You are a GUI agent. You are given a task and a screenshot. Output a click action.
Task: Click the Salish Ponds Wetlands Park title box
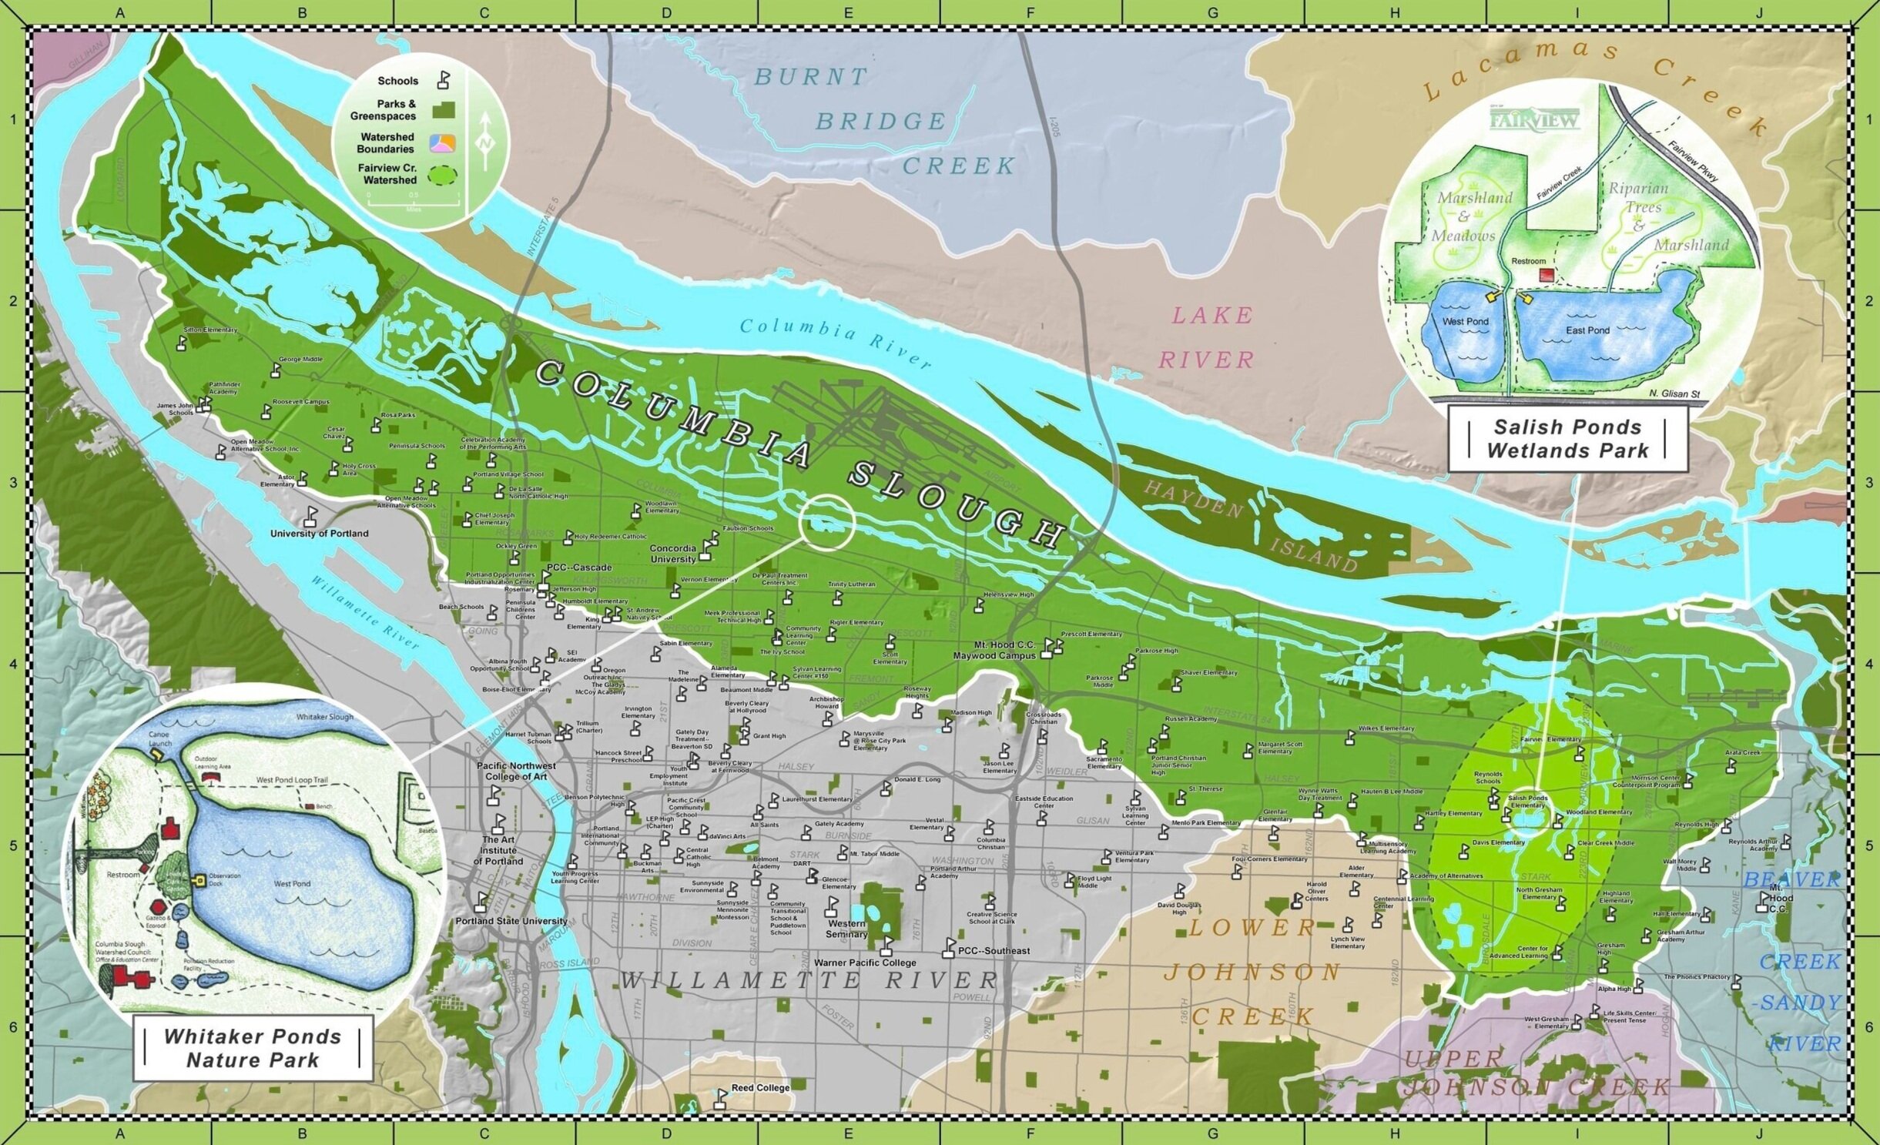coord(1567,439)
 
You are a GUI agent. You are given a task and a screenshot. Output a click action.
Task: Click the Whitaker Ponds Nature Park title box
coord(253,1048)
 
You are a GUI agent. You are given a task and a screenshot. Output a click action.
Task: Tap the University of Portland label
coord(319,533)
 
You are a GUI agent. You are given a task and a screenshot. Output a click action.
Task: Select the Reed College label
coord(760,1088)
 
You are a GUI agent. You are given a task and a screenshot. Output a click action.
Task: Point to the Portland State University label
coord(511,921)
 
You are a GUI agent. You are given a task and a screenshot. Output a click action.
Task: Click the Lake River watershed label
coord(1211,337)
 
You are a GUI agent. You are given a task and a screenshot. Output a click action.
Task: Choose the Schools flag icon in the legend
coord(444,80)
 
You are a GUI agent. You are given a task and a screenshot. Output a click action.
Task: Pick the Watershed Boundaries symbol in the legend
coord(443,142)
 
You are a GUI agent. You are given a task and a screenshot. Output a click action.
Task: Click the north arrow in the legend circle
coord(485,142)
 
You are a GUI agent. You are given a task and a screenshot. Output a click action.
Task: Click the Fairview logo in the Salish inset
coord(1535,119)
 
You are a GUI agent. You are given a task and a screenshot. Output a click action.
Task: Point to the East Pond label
coord(1587,330)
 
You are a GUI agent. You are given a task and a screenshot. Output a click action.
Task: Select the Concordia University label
coord(672,554)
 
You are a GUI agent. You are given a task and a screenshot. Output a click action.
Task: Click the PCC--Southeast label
coord(994,951)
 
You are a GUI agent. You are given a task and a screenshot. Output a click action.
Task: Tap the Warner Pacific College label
coord(865,963)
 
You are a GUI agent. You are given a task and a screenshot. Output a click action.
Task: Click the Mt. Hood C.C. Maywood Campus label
coord(994,650)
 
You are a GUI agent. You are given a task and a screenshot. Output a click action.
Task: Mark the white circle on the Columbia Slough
coord(827,523)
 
